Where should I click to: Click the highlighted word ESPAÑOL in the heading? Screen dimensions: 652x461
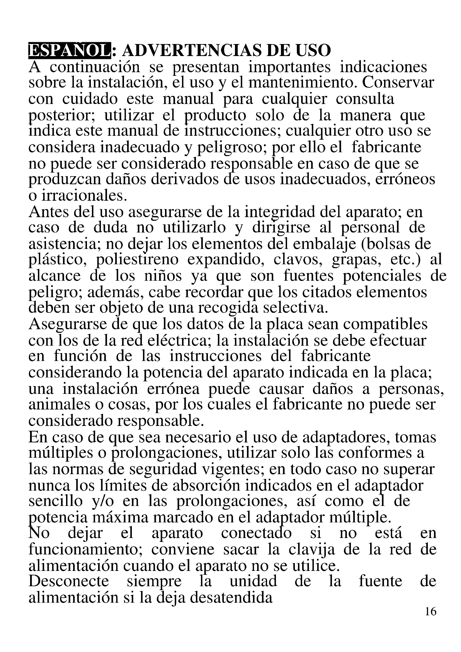(x=69, y=51)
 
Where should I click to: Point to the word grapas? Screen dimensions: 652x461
(x=356, y=260)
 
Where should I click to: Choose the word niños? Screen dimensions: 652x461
(x=163, y=276)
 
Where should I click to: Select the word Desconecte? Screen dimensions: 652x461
(x=69, y=581)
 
